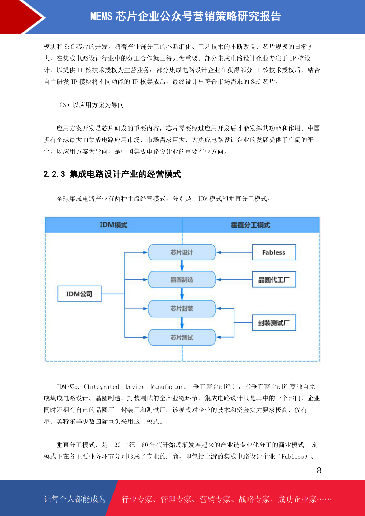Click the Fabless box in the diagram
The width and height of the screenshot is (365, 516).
[x=274, y=252]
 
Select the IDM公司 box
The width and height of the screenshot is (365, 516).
[x=79, y=294]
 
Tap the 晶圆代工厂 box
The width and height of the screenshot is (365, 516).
[x=274, y=279]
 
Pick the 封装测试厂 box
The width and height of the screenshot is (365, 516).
[x=274, y=323]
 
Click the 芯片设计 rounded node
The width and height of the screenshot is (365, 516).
[x=182, y=252]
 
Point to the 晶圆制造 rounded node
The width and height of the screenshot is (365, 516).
[x=182, y=280]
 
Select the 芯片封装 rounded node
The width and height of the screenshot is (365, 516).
[x=182, y=309]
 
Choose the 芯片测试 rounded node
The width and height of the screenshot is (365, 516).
[x=182, y=337]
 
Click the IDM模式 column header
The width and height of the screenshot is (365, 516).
[x=114, y=225]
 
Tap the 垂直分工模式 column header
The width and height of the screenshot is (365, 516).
[x=251, y=225]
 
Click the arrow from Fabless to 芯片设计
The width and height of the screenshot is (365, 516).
[x=234, y=252]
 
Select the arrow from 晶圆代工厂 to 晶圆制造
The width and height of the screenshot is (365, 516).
[x=234, y=279]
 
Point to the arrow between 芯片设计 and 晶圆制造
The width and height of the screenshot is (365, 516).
[x=182, y=266]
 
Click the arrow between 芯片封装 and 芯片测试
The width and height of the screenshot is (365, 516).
[x=182, y=323]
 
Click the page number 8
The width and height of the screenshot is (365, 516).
[x=319, y=471]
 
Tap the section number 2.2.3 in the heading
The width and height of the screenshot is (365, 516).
[x=54, y=174]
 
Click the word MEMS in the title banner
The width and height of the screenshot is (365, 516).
[x=101, y=17]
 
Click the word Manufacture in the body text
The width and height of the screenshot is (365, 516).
[x=169, y=387]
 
